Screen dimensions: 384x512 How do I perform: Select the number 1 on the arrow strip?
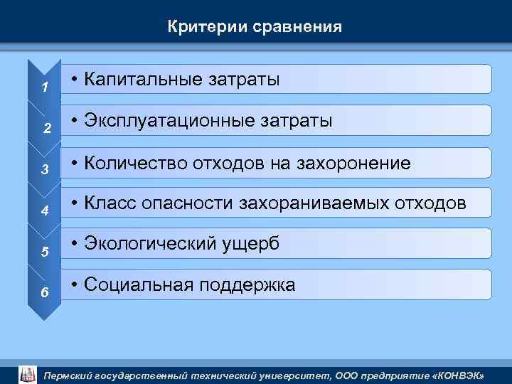tap(44, 88)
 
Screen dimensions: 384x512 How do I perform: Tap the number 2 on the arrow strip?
tap(46, 129)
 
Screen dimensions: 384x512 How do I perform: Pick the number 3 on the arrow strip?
tap(44, 170)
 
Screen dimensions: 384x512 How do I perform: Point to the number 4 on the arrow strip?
tap(44, 211)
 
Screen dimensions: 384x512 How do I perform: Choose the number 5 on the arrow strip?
tap(44, 252)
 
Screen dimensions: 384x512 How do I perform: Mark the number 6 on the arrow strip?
tap(44, 293)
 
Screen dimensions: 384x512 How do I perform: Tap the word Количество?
tap(134, 163)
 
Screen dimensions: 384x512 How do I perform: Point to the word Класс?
tap(110, 204)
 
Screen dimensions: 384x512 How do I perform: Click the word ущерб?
tap(251, 244)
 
